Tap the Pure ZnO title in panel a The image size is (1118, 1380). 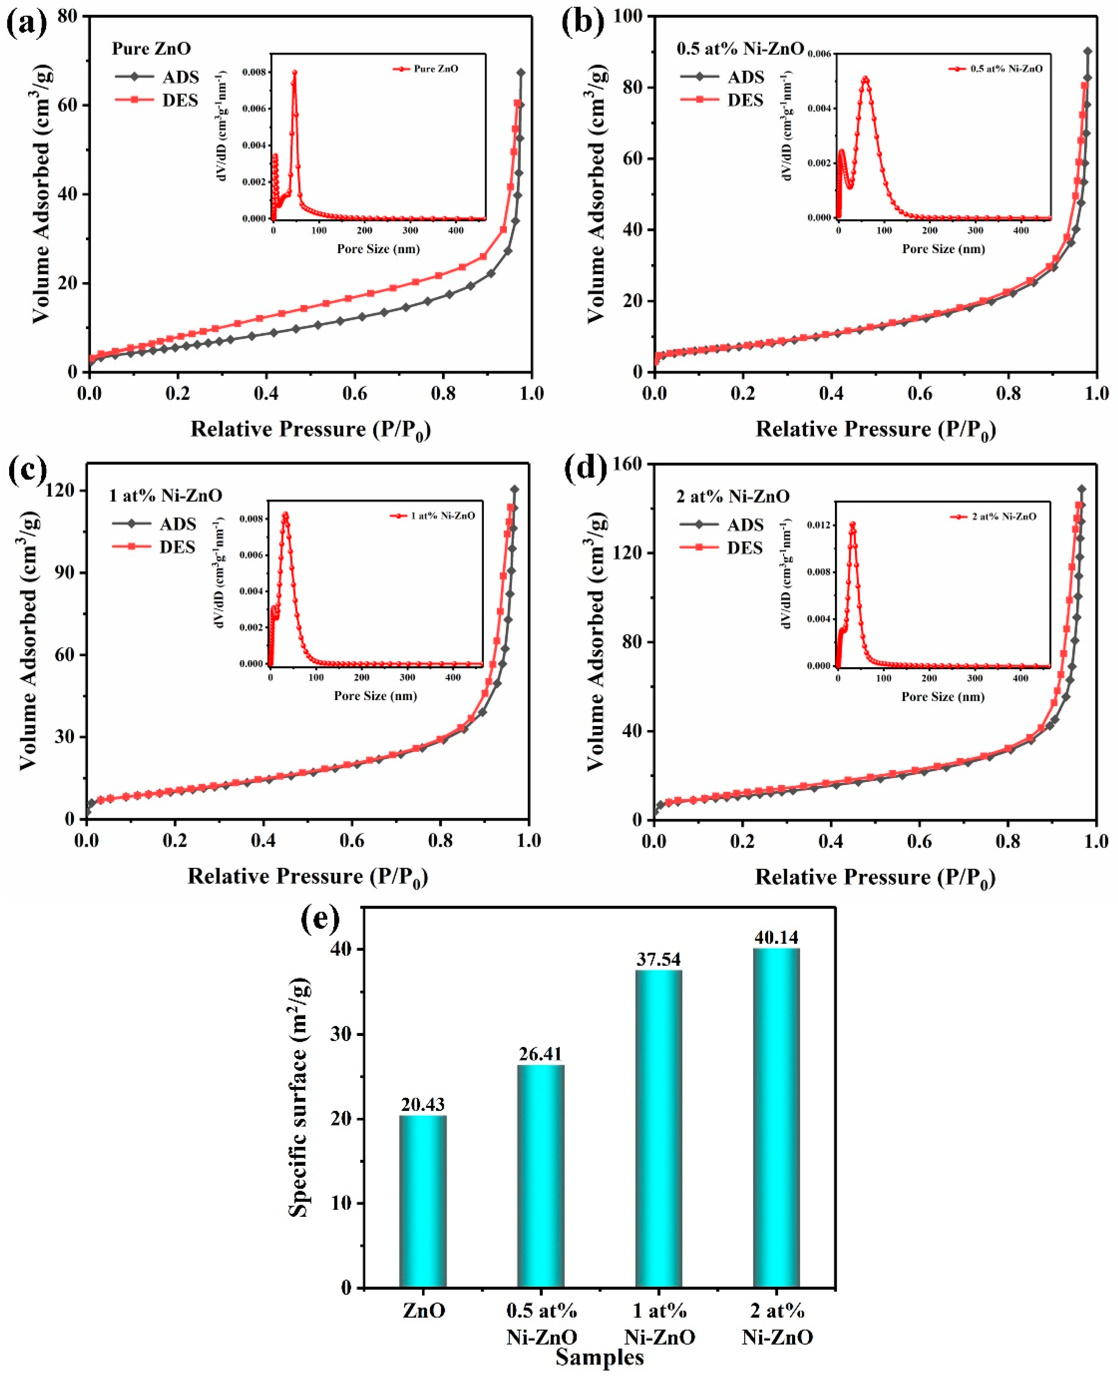(151, 48)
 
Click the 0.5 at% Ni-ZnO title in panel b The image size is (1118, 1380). (740, 48)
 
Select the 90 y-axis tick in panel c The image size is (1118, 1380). (64, 573)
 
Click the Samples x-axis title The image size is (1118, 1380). (599, 1357)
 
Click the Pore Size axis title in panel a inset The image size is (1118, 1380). (378, 249)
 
